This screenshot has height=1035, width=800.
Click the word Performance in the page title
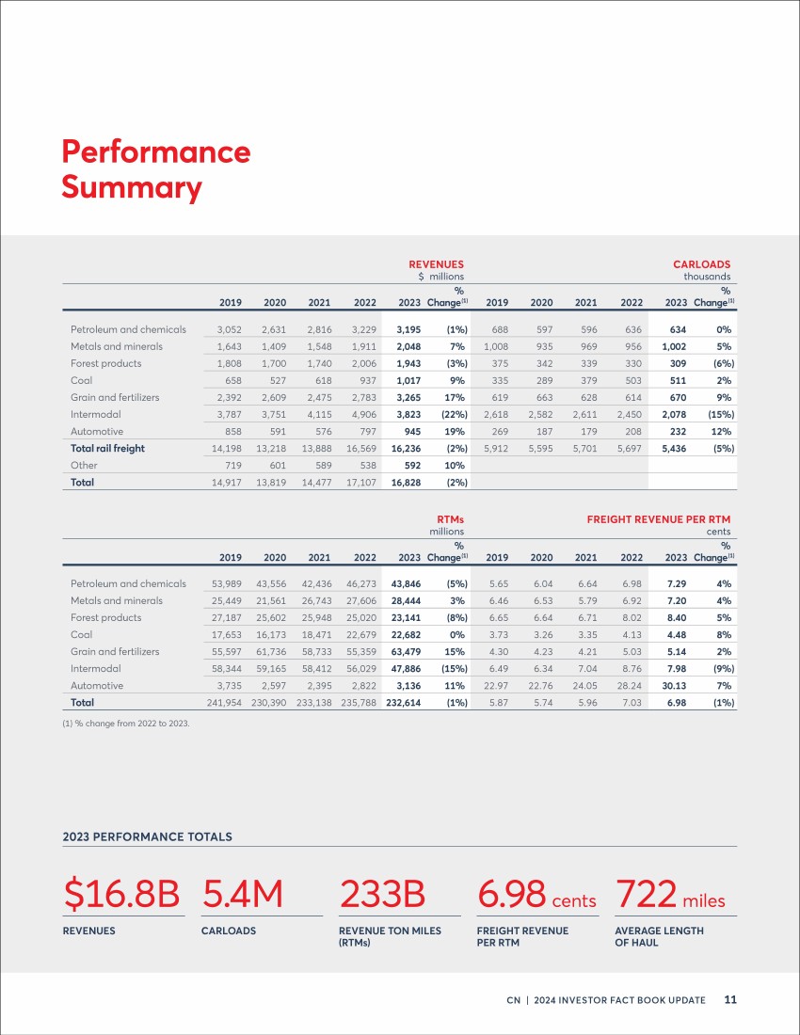(x=156, y=151)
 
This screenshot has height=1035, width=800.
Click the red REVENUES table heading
(x=436, y=264)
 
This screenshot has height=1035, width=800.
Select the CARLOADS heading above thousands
(x=702, y=264)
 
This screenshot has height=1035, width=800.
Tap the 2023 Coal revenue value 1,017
(x=408, y=380)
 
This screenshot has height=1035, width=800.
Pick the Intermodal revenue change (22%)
(x=455, y=415)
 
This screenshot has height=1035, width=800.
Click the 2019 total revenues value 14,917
(x=227, y=483)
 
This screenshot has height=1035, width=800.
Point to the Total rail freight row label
(x=107, y=448)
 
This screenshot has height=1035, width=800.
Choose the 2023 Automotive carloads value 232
(x=678, y=432)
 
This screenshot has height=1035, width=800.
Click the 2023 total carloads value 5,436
(x=674, y=448)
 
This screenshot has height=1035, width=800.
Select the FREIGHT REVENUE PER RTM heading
(x=659, y=519)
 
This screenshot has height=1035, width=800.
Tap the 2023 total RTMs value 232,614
(x=404, y=703)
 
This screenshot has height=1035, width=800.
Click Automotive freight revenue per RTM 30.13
(x=674, y=686)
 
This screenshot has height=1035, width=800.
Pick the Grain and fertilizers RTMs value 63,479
(x=406, y=651)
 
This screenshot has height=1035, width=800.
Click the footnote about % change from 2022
(x=126, y=724)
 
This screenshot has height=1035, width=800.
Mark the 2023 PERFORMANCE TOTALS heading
(x=147, y=837)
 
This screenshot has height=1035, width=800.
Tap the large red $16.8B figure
(x=121, y=894)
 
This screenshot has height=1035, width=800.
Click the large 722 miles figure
(x=670, y=895)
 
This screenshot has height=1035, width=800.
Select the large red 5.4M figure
(x=242, y=894)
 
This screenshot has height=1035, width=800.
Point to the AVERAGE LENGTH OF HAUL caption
(x=659, y=936)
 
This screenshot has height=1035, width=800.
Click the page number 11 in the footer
(x=730, y=999)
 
